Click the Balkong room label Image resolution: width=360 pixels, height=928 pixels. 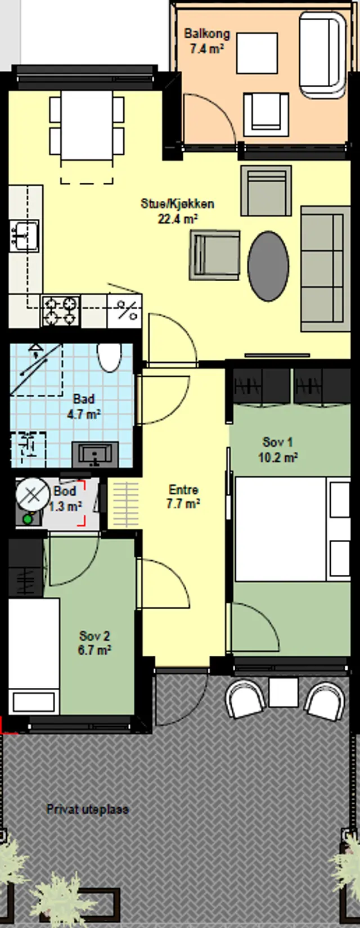207,34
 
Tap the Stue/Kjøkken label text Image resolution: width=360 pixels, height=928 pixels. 177,204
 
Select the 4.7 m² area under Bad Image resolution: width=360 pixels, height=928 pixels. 84,414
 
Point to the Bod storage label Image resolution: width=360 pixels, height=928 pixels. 65,492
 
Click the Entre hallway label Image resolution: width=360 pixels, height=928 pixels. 183,490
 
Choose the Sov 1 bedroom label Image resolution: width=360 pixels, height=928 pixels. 277,442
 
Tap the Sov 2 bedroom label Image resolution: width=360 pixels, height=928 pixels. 94,636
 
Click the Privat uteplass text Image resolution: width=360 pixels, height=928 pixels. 87,809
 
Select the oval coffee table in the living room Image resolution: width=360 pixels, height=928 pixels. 268,266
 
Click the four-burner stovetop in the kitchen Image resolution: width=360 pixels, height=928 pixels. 61,310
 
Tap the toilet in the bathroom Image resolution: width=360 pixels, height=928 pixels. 109,358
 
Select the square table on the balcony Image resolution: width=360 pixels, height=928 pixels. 257,53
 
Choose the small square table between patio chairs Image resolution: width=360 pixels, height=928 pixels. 283,692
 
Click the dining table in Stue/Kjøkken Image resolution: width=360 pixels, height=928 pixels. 87,125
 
